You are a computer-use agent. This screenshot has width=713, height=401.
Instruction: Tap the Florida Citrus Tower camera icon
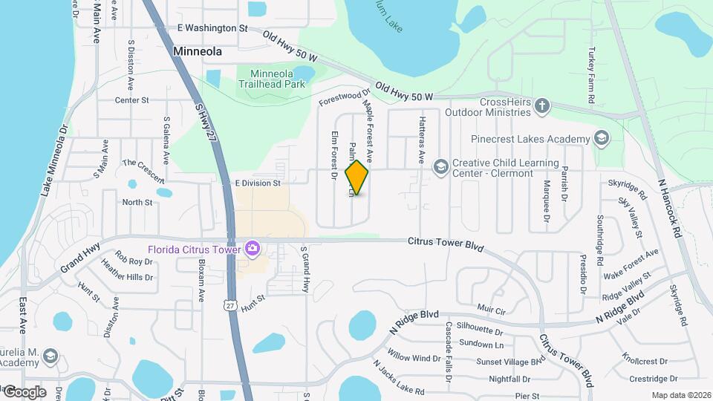253,247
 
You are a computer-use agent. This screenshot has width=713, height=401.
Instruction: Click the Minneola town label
198,52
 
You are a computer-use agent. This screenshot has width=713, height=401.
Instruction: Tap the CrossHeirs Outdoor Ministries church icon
542,105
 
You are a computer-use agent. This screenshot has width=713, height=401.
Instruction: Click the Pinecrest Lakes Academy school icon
601,138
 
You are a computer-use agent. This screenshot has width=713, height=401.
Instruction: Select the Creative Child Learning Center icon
441,166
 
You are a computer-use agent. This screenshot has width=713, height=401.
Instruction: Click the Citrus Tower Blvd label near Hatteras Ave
446,242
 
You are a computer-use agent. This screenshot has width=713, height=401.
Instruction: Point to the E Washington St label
212,28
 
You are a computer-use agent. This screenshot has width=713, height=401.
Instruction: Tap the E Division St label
258,183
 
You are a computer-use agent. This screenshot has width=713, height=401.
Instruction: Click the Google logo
24,392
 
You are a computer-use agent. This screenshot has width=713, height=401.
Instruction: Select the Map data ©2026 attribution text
681,395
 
